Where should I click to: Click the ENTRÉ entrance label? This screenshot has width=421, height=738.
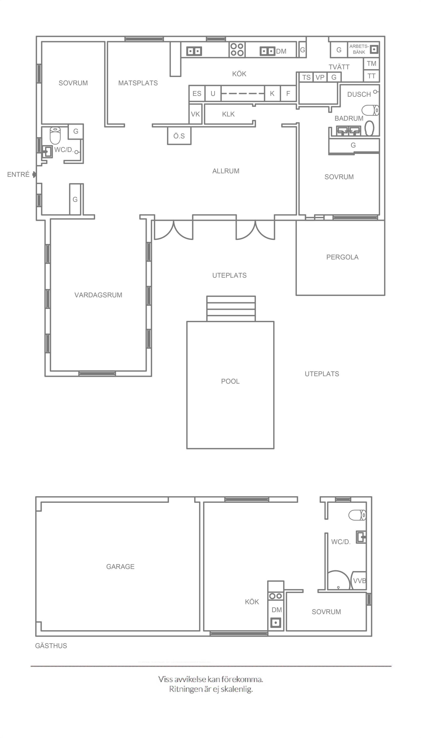pyautogui.click(x=18, y=175)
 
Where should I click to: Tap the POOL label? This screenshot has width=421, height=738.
pyautogui.click(x=230, y=381)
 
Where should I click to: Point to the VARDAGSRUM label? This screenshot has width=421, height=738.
pyautogui.click(x=98, y=295)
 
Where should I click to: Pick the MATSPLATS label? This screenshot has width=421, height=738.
pyautogui.click(x=138, y=83)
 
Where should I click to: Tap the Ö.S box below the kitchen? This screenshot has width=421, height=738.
pyautogui.click(x=179, y=136)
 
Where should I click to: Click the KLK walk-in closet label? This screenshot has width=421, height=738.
pyautogui.click(x=228, y=114)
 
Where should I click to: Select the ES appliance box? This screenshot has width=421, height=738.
pyautogui.click(x=197, y=93)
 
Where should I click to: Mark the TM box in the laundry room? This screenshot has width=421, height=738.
pyautogui.click(x=371, y=64)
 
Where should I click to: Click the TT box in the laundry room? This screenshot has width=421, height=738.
pyautogui.click(x=371, y=76)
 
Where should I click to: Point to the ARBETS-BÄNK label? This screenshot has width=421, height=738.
pyautogui.click(x=359, y=49)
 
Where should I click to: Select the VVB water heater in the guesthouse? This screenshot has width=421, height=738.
pyautogui.click(x=359, y=580)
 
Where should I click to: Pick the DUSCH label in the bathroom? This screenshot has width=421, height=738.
pyautogui.click(x=359, y=95)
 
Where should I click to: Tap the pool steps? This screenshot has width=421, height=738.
pyautogui.click(x=231, y=309)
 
